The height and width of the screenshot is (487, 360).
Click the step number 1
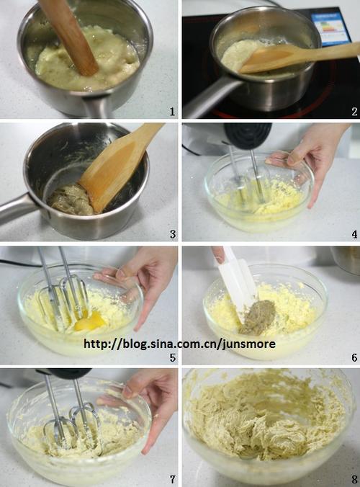click(172, 112)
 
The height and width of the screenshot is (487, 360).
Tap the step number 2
click(354, 112)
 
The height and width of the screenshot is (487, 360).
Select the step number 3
click(173, 234)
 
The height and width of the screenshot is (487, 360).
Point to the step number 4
click(354, 234)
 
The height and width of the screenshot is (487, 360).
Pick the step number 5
click(173, 357)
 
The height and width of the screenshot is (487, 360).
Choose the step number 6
click(354, 357)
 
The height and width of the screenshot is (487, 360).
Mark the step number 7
click(173, 480)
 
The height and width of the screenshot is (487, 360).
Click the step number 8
click(354, 480)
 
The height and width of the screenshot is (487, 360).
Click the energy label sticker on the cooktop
click(330, 29)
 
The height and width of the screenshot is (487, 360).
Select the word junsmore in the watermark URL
click(249, 344)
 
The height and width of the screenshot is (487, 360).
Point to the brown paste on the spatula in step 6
click(258, 316)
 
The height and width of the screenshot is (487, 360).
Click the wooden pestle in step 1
click(71, 36)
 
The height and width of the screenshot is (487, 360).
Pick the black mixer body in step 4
click(248, 135)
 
